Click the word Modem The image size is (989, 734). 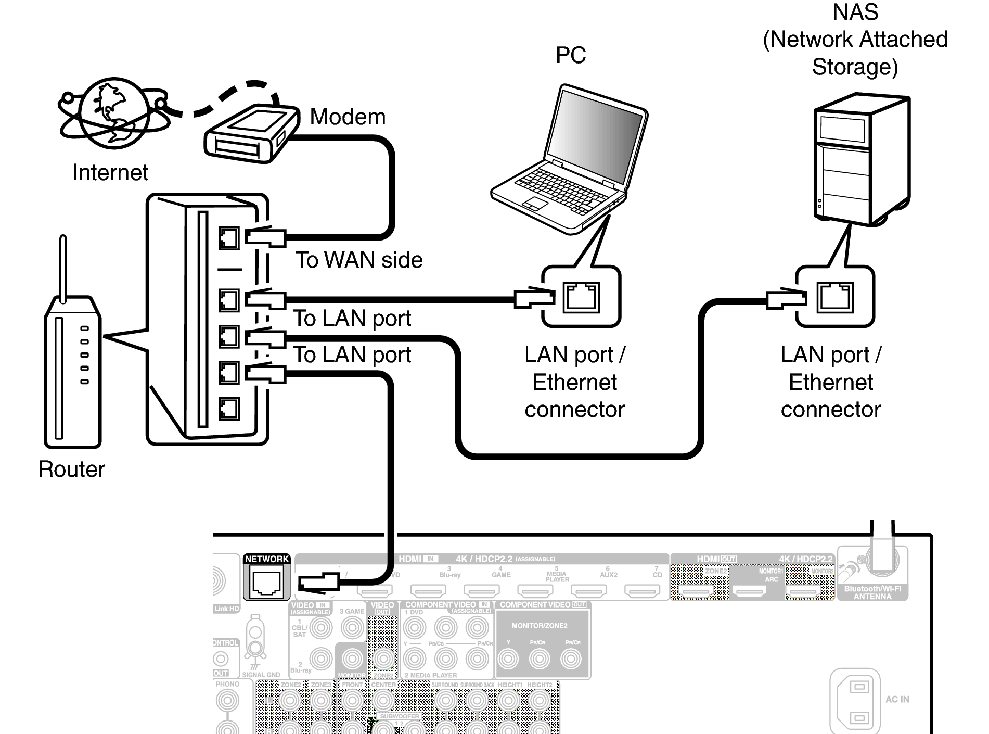click(348, 117)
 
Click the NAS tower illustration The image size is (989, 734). click(860, 159)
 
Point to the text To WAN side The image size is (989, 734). click(359, 260)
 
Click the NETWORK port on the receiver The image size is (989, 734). click(266, 582)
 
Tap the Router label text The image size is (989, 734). click(71, 469)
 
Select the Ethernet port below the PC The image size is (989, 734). click(581, 297)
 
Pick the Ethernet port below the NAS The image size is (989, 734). click(835, 297)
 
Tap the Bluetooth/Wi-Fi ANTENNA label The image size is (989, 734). click(872, 592)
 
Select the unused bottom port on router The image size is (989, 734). click(229, 409)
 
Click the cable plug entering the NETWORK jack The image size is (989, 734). click(318, 581)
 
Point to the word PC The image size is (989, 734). click(571, 55)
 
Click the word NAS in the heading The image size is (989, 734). click(855, 12)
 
